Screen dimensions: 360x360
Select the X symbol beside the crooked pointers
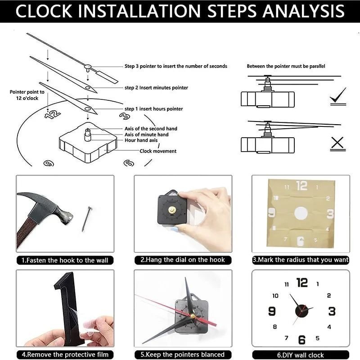click(337, 143)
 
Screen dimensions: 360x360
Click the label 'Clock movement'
click(158, 151)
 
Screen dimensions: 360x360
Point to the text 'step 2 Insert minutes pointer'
click(156, 88)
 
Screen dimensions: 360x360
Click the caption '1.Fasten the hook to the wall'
click(65, 260)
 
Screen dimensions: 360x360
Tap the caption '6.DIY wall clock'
click(301, 355)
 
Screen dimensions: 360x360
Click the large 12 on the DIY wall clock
click(302, 283)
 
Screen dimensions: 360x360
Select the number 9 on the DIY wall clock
click(272, 311)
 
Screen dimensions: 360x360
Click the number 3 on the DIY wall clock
click(332, 311)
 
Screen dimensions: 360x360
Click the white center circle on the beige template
click(300, 213)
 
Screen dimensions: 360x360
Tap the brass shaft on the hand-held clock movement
click(172, 211)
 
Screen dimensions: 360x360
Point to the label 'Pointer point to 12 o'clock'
click(27, 94)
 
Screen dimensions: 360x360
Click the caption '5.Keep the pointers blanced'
click(182, 355)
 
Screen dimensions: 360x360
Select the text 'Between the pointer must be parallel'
click(286, 66)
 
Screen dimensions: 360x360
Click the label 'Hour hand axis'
click(141, 140)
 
